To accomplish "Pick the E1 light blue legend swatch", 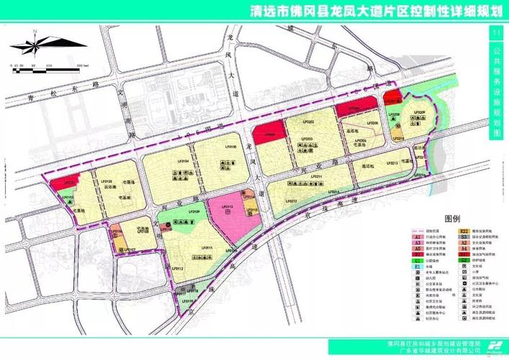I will click(x=417, y=266).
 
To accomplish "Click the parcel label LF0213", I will click(x=392, y=163).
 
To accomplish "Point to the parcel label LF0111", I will click(x=207, y=248).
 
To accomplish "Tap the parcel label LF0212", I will click(x=292, y=201).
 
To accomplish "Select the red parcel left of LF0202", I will click(x=269, y=135).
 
